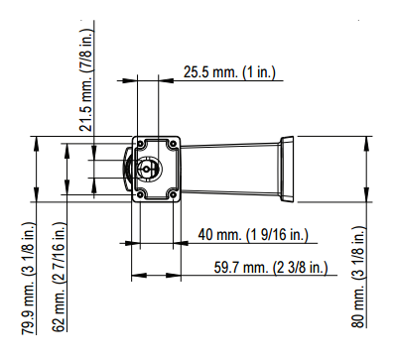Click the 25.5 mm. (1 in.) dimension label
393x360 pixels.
pyautogui.click(x=229, y=72)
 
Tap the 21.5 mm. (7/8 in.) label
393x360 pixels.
pyautogui.click(x=87, y=80)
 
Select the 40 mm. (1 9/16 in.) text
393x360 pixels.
pyautogui.click(x=253, y=235)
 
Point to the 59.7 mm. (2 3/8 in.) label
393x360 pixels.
pyautogui.click(x=271, y=267)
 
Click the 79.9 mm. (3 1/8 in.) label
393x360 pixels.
pyautogui.click(x=29, y=279)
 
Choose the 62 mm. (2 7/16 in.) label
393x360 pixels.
pyautogui.click(x=60, y=277)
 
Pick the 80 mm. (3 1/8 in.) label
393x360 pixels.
pyautogui.click(x=358, y=277)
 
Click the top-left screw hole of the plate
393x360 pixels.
pyautogui.click(x=140, y=144)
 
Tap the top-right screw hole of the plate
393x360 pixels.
pyautogui.click(x=173, y=144)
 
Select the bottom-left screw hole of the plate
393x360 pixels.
pyautogui.click(x=140, y=194)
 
